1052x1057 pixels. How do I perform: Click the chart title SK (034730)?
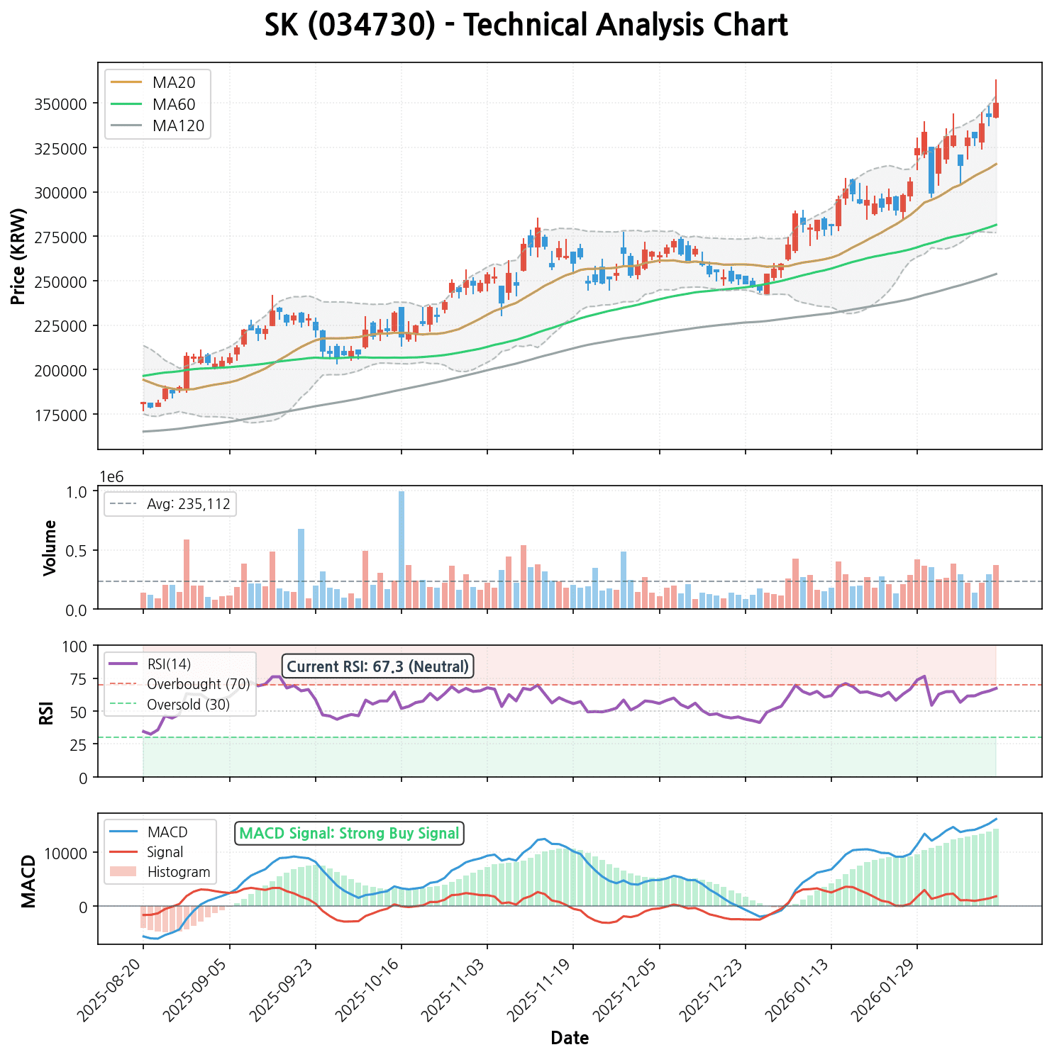pos(526,26)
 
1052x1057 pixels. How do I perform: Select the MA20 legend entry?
pos(173,82)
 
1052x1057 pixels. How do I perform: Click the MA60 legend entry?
pos(173,104)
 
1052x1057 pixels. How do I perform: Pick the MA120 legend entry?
pos(178,126)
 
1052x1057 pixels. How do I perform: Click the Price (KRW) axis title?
pos(19,257)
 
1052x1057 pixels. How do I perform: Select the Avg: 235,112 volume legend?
pos(187,504)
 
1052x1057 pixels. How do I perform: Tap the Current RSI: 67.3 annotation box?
pos(378,666)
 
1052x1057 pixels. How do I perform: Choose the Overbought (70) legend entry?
pos(198,684)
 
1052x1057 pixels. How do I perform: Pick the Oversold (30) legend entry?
pos(188,705)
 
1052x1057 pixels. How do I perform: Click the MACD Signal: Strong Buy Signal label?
pos(349,833)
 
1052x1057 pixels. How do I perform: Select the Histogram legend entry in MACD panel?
pos(178,872)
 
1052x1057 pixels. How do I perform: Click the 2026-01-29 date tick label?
pos(887,990)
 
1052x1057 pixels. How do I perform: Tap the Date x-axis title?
pos(570,1039)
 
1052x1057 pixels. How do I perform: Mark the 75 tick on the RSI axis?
pos(79,679)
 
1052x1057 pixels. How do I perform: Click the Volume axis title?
pos(50,547)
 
